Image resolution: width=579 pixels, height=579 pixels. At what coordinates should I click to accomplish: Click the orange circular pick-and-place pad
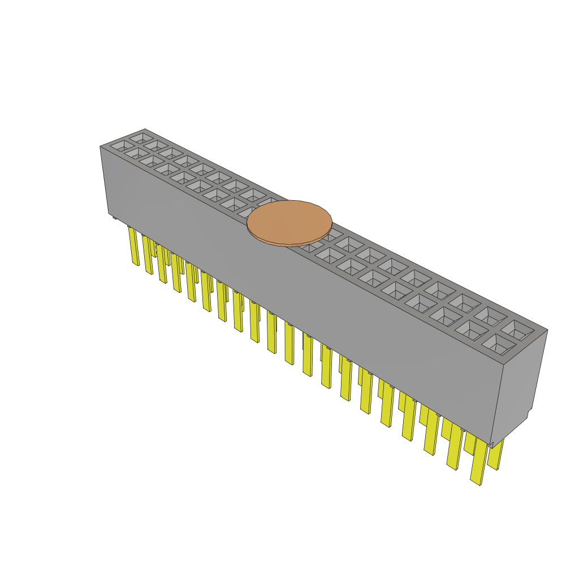click(x=289, y=222)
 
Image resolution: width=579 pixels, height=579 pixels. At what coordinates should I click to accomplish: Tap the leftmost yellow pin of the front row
click(x=134, y=247)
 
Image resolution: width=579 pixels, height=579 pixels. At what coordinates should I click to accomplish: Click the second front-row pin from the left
click(x=148, y=256)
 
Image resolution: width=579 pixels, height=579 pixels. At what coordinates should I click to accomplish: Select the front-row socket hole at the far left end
click(x=120, y=146)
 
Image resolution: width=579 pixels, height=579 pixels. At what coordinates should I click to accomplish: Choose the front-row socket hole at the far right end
click(x=496, y=343)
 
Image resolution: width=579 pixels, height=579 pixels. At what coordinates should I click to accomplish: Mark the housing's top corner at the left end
click(x=101, y=146)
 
